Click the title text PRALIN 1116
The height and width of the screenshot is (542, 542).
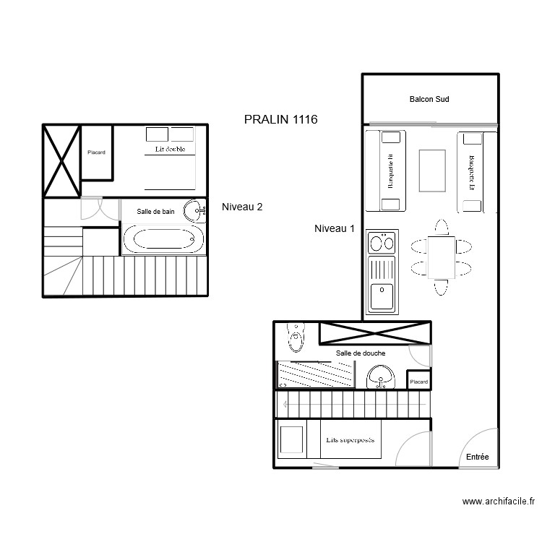coord(281,120)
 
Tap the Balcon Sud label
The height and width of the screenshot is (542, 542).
coord(429,99)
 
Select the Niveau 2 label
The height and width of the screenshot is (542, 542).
coord(242,207)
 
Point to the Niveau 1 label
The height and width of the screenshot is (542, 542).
coord(335,228)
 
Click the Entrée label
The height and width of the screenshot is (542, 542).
coord(477,457)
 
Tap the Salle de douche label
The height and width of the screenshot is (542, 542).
coord(360,353)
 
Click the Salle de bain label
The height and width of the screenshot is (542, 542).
coord(156,211)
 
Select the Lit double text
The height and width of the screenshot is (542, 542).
coord(170,150)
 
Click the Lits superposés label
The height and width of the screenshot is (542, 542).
coord(350,439)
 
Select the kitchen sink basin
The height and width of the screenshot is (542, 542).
coord(381,296)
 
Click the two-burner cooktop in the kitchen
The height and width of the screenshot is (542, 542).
coord(382,241)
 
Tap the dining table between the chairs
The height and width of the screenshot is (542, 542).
coord(441,257)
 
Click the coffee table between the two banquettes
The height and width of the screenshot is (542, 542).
coord(432,170)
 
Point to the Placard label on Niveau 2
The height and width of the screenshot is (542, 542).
coord(96,152)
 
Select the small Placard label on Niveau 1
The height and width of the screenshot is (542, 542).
coord(418,382)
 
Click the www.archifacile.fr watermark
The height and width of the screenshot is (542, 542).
coord(499,501)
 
